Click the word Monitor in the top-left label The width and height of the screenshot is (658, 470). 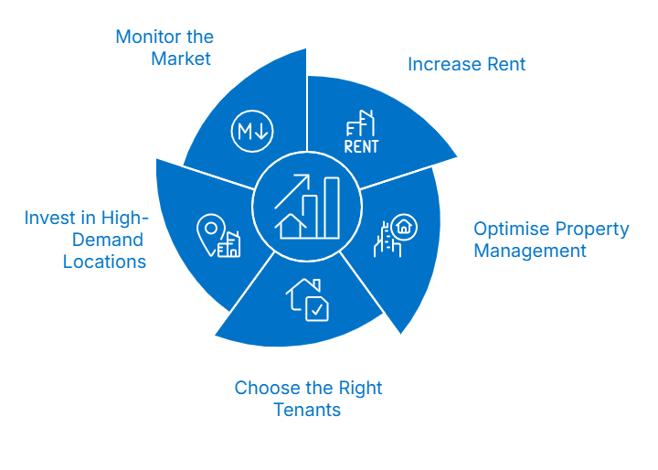coord(144,37)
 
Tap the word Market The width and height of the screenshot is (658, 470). coord(181,59)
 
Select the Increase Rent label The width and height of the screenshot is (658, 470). coord(466,65)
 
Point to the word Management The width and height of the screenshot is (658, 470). coord(529,251)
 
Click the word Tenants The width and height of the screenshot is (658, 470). coord(307,410)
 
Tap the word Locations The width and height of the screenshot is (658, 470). coord(104,262)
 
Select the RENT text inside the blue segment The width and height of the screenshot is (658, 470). coord(361,145)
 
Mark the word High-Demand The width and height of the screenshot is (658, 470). coord(100,240)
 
